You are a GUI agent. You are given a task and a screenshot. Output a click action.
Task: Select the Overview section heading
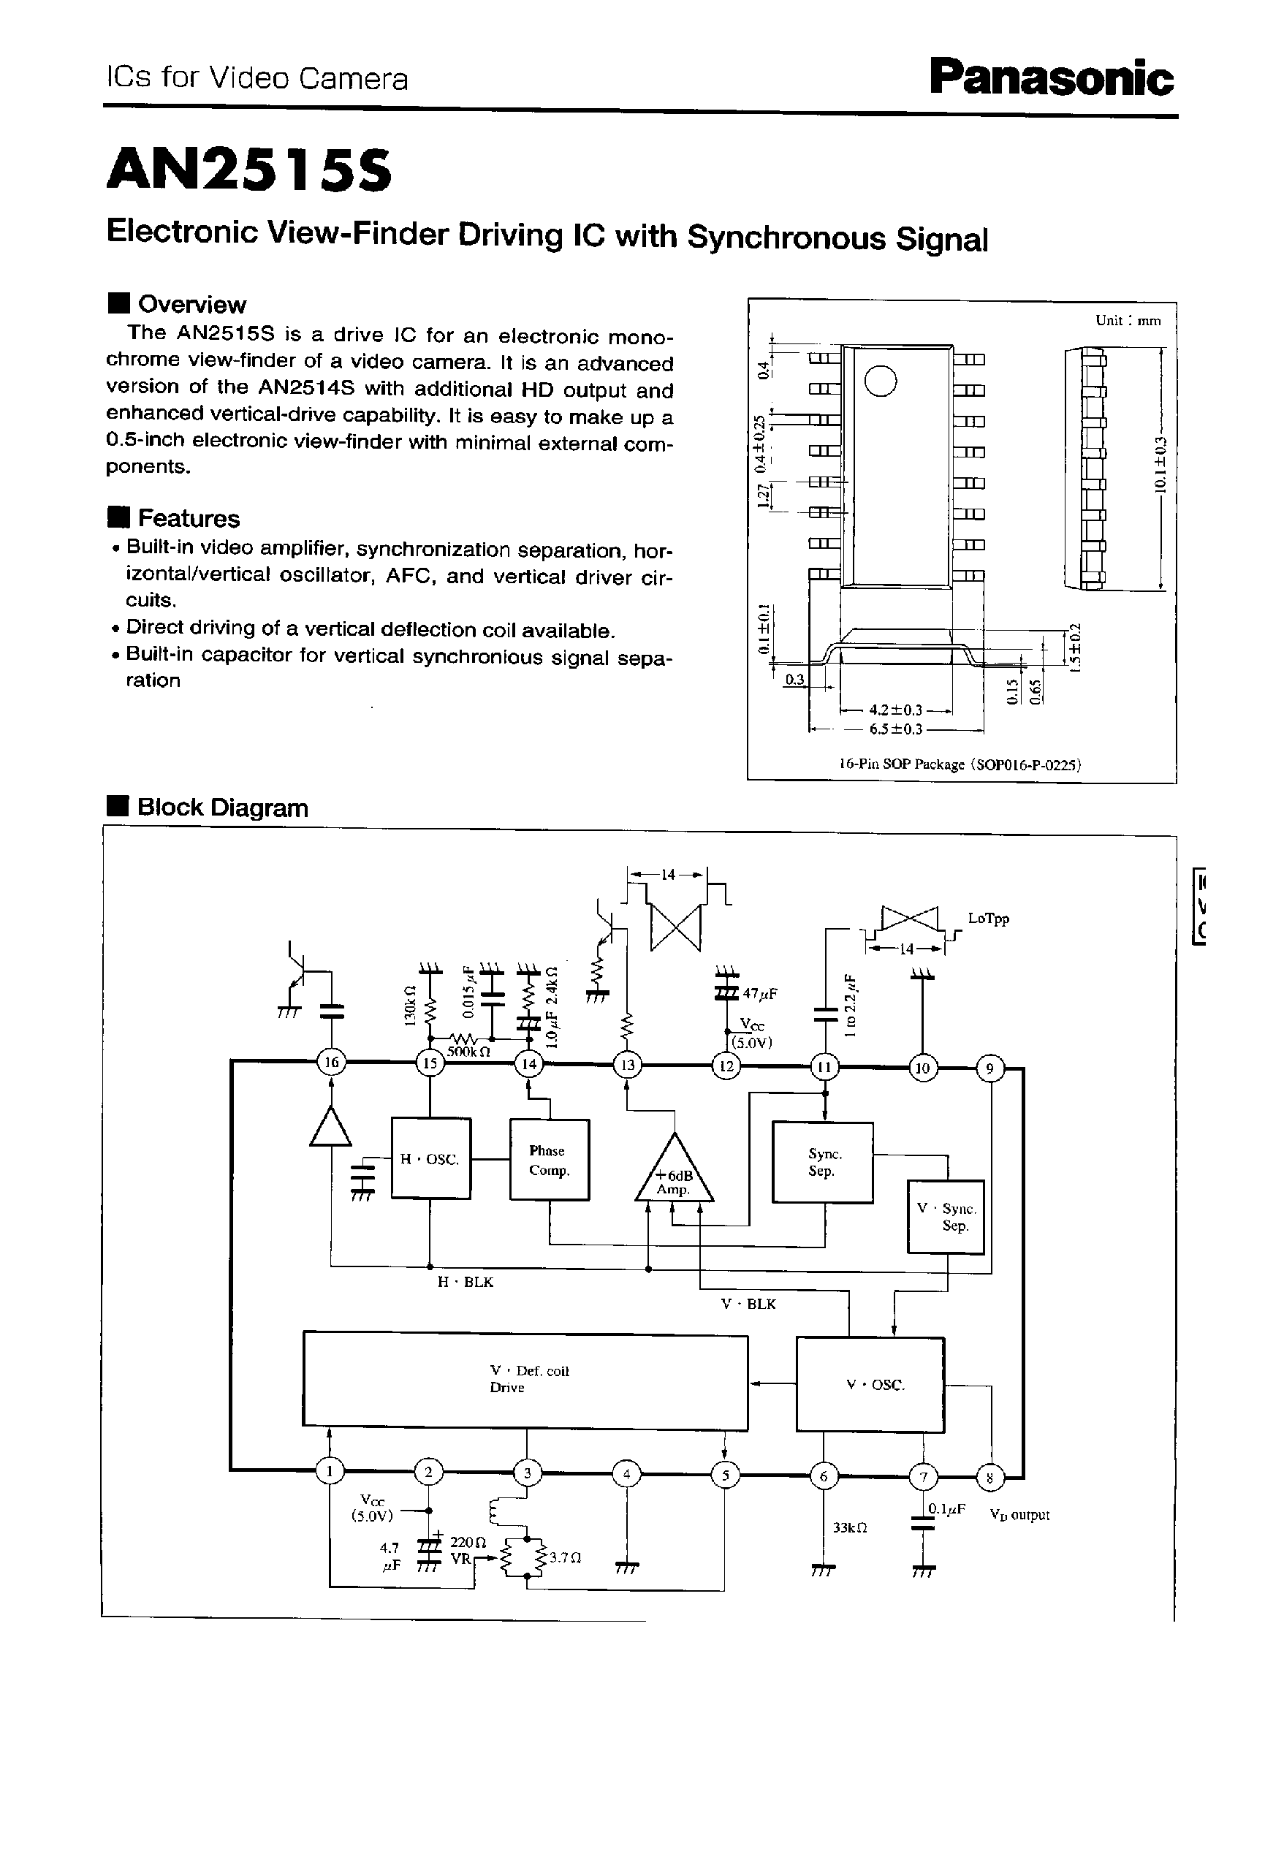click(x=191, y=304)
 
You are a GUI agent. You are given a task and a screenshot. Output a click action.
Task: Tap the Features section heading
click(x=189, y=518)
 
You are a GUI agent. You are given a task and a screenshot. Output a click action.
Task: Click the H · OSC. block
click(x=430, y=1158)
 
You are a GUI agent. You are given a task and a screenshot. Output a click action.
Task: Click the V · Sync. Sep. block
click(x=946, y=1217)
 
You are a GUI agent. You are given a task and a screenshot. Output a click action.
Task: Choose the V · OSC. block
click(x=870, y=1385)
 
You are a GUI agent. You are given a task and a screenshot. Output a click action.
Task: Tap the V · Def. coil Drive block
click(x=525, y=1379)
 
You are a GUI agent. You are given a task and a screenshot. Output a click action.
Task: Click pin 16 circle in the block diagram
click(x=330, y=1063)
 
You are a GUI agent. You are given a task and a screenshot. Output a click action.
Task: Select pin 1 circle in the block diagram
click(x=329, y=1472)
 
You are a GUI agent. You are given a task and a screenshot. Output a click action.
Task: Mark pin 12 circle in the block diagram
click(x=726, y=1067)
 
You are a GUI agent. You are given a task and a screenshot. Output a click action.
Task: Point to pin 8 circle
click(x=989, y=1477)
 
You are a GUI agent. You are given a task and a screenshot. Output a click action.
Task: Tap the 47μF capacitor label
click(x=759, y=995)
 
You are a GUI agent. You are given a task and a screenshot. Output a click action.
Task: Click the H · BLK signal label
click(x=465, y=1282)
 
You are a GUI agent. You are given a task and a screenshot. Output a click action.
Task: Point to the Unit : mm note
click(x=1128, y=320)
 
